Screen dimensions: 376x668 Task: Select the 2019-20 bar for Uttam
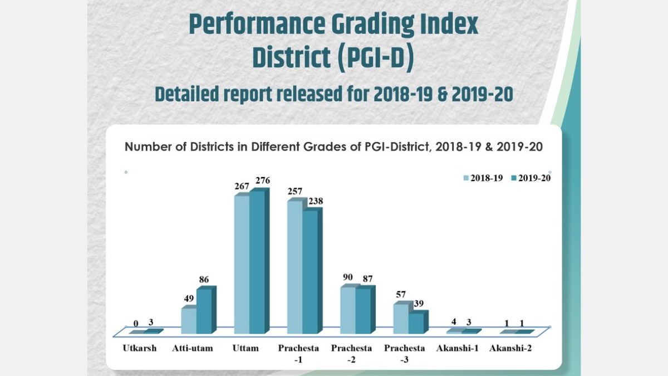[x=257, y=262]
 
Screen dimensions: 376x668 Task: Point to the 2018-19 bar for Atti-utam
[x=189, y=320]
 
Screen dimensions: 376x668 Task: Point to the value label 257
[x=295, y=191]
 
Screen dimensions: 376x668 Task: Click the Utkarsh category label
[x=139, y=348]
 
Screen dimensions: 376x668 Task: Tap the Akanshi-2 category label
[x=510, y=348]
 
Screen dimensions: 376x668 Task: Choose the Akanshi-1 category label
[x=458, y=348]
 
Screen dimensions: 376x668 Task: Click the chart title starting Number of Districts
[x=333, y=147]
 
